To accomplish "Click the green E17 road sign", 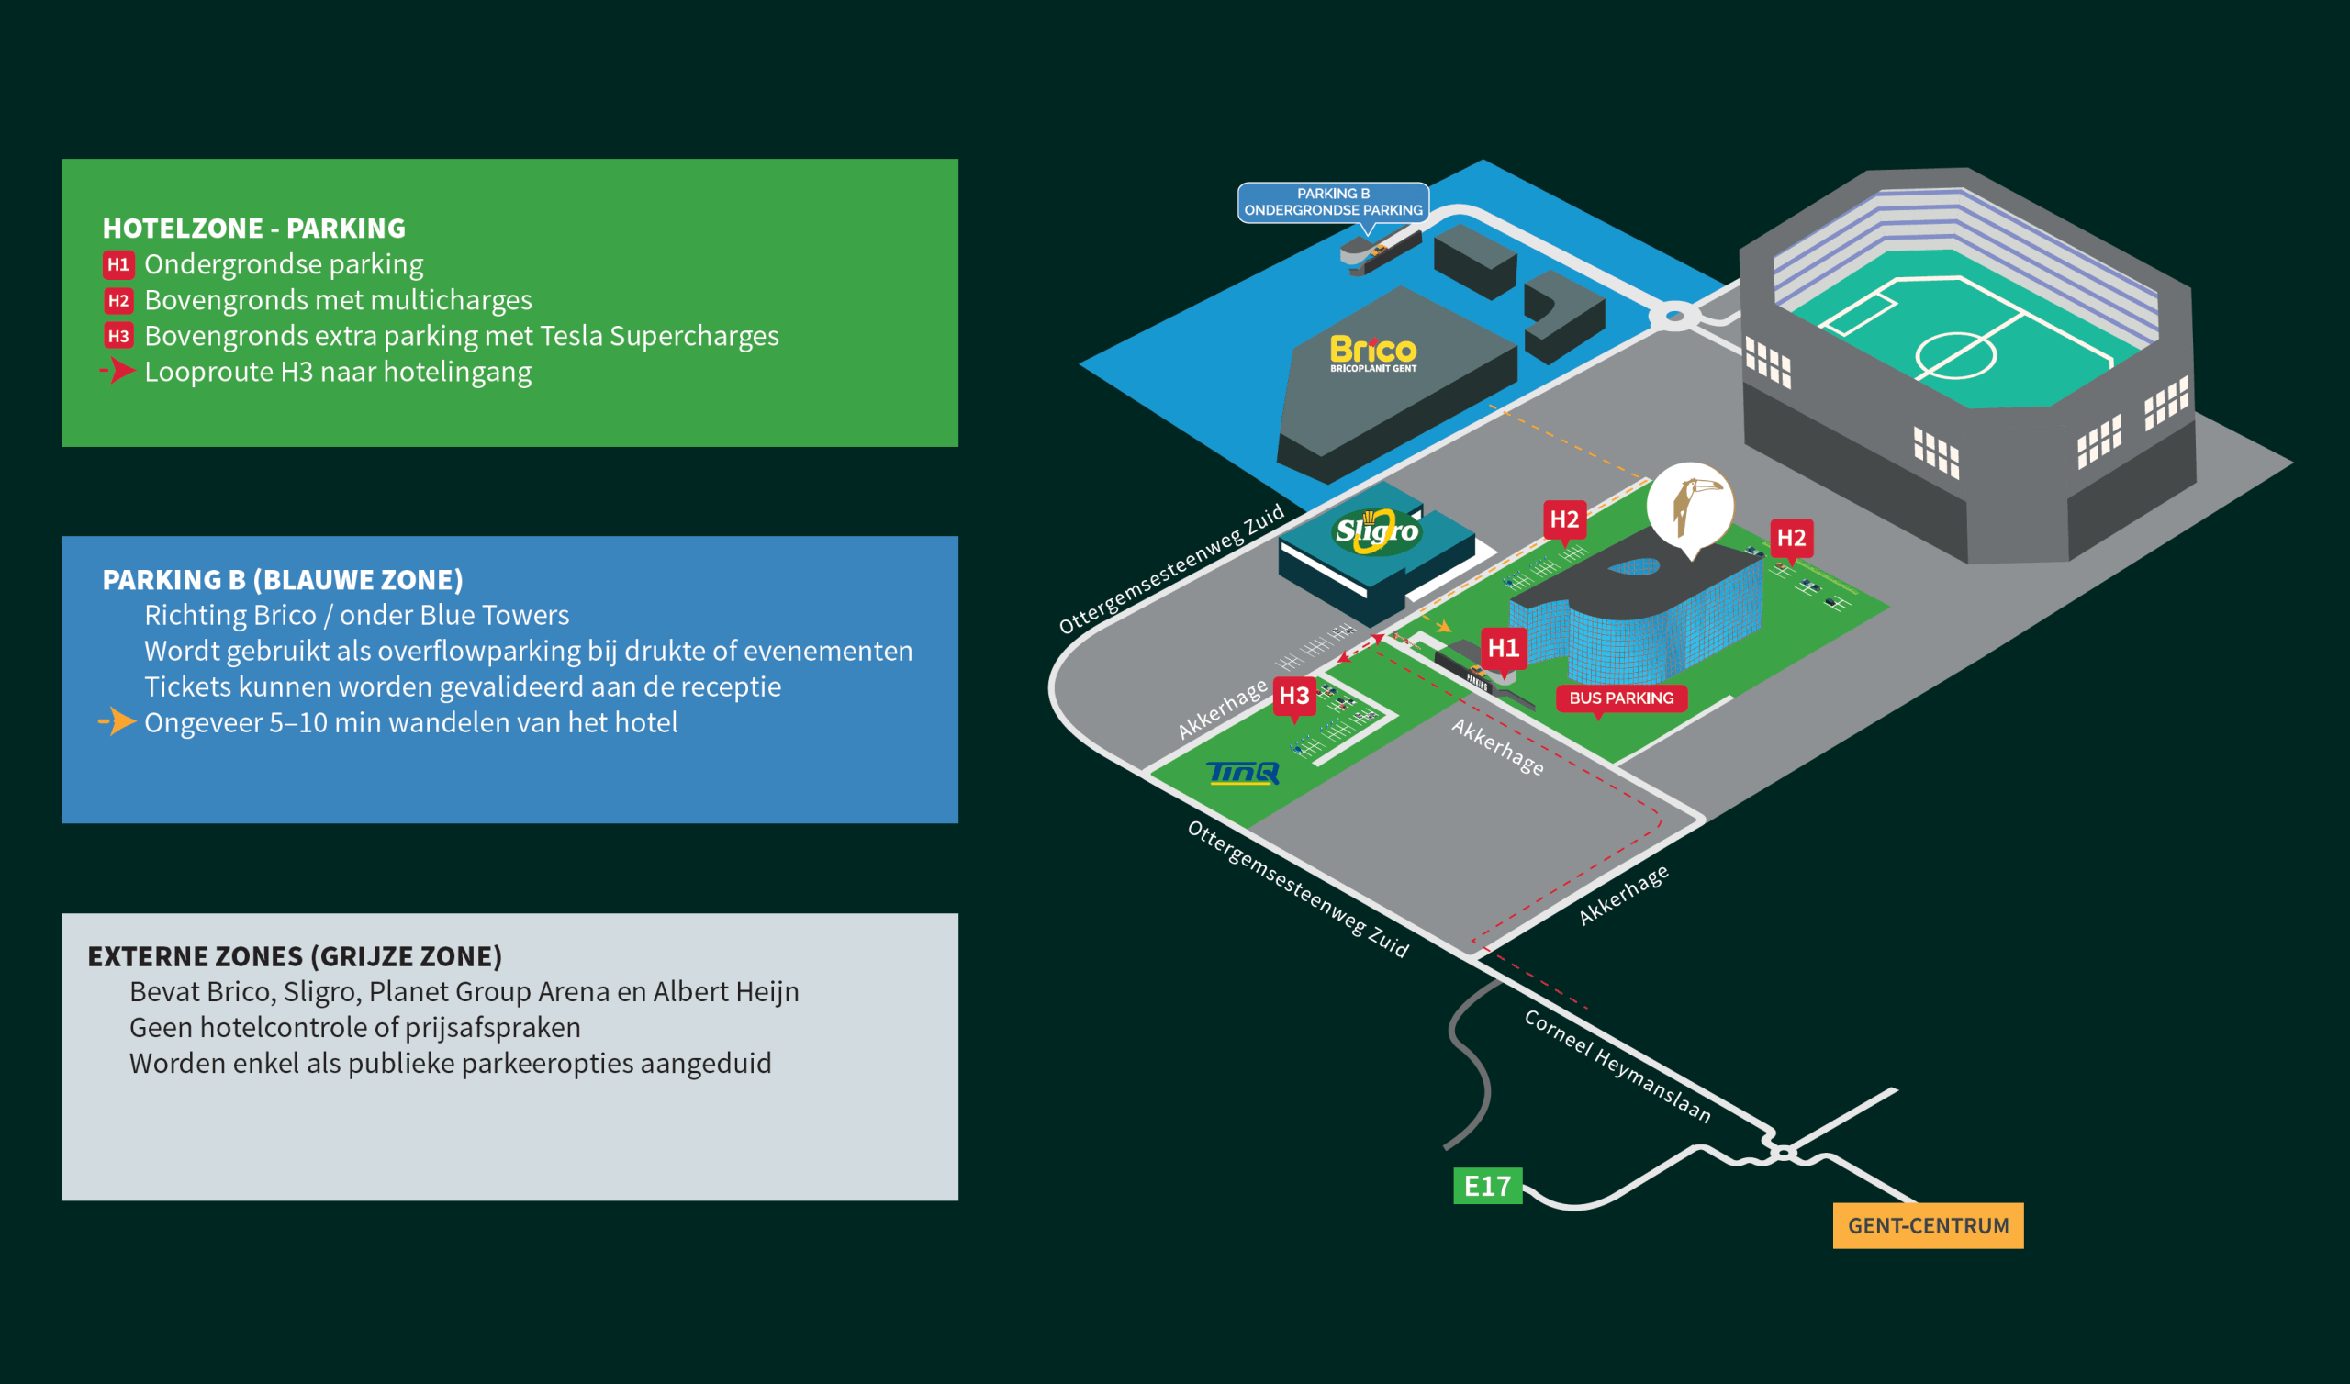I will pyautogui.click(x=1487, y=1186).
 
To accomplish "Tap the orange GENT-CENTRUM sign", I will pyautogui.click(x=1928, y=1224).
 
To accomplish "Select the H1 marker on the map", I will pyautogui.click(x=1503, y=648).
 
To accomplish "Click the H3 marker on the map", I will pyautogui.click(x=1293, y=696).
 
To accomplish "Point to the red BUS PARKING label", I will pyautogui.click(x=1621, y=698).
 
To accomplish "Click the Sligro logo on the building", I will pyautogui.click(x=1376, y=531).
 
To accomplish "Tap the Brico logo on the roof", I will pyautogui.click(x=1372, y=352).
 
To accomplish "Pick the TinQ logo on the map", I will pyautogui.click(x=1243, y=772).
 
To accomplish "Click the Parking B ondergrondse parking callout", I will pyautogui.click(x=1333, y=201).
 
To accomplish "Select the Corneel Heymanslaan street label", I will pyautogui.click(x=1617, y=1065).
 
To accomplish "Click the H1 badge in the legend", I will pyautogui.click(x=117, y=265).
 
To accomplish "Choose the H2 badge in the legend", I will pyautogui.click(x=117, y=300).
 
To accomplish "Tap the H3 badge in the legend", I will pyautogui.click(x=117, y=336).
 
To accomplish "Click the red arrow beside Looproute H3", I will pyautogui.click(x=118, y=371).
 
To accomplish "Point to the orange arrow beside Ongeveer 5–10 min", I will pyautogui.click(x=118, y=722).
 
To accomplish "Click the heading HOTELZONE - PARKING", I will pyautogui.click(x=253, y=229).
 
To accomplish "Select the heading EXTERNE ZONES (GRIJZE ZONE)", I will pyautogui.click(x=295, y=956).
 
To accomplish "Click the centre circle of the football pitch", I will pyautogui.click(x=1955, y=355).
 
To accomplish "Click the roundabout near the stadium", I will pyautogui.click(x=1675, y=316).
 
